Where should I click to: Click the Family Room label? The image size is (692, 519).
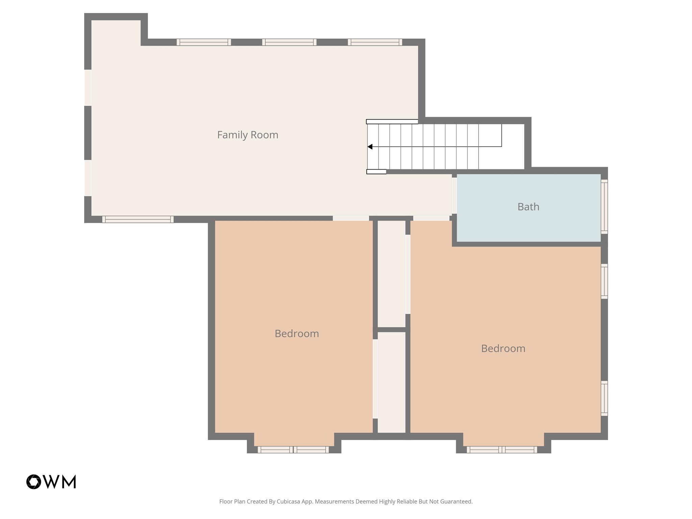(x=247, y=135)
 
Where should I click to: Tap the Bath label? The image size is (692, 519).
(x=528, y=207)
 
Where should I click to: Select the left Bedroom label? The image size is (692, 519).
(x=296, y=333)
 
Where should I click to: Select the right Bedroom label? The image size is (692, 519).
(x=503, y=348)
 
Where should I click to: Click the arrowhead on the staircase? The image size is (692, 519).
(x=370, y=147)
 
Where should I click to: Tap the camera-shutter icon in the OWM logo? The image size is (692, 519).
(x=34, y=482)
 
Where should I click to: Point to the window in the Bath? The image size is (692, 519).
(x=604, y=207)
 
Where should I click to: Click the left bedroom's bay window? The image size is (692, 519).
(x=293, y=449)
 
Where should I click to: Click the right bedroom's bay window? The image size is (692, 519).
(x=502, y=449)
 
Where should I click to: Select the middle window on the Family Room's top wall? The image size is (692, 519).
(x=289, y=42)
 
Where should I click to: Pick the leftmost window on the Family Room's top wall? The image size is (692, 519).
(x=204, y=42)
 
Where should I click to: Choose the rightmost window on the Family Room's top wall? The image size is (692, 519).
(x=375, y=42)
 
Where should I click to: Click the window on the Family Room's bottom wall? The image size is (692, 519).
(x=138, y=219)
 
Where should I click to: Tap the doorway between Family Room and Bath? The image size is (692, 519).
(x=454, y=196)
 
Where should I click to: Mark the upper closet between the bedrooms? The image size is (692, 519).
(x=391, y=274)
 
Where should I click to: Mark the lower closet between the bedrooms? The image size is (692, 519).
(x=391, y=382)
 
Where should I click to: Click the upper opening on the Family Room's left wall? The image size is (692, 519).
(x=88, y=88)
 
